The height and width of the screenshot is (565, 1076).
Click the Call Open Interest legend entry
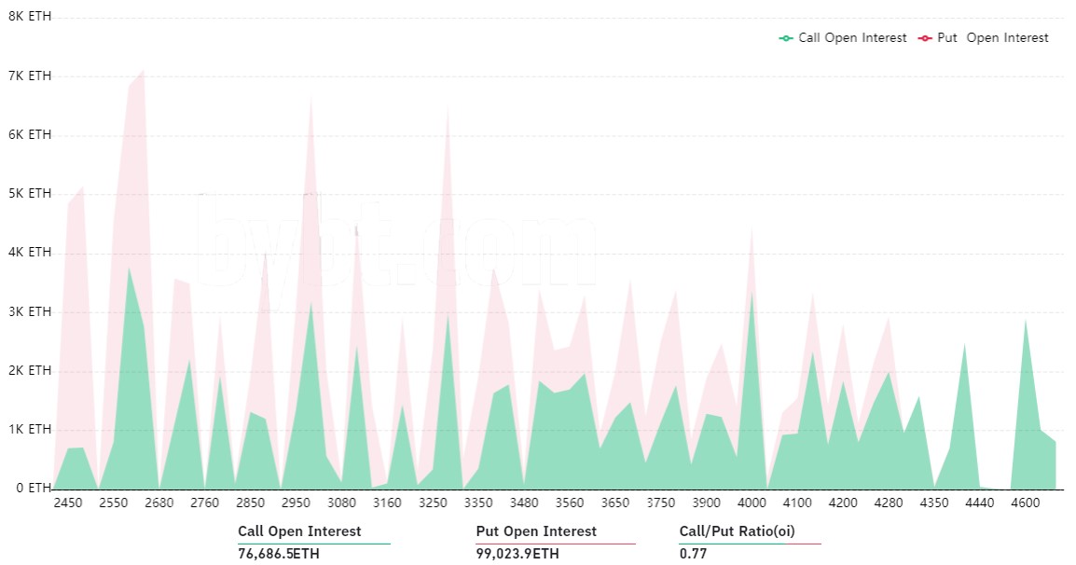843,38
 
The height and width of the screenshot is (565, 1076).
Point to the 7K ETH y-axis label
29,76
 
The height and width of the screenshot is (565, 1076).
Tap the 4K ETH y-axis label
29,253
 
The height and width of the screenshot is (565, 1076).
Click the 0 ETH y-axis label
29,488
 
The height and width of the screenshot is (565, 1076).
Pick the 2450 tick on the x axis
68,503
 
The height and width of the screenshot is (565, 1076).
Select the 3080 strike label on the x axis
342,503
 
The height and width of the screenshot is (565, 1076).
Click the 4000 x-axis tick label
752,503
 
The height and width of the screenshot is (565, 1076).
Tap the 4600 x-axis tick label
1026,503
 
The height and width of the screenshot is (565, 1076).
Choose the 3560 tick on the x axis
570,503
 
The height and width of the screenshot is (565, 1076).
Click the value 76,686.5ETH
284,554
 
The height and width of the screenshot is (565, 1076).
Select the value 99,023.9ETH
517,554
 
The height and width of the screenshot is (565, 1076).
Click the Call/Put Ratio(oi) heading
737,531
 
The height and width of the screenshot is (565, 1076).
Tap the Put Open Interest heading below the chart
536,531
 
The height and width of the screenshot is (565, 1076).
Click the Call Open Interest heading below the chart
299,531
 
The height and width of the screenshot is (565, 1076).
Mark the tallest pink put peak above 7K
143,70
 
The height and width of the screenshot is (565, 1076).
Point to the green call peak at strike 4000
752,294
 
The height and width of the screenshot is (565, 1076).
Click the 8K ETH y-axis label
29,17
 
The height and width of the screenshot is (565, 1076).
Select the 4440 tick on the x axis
980,503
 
